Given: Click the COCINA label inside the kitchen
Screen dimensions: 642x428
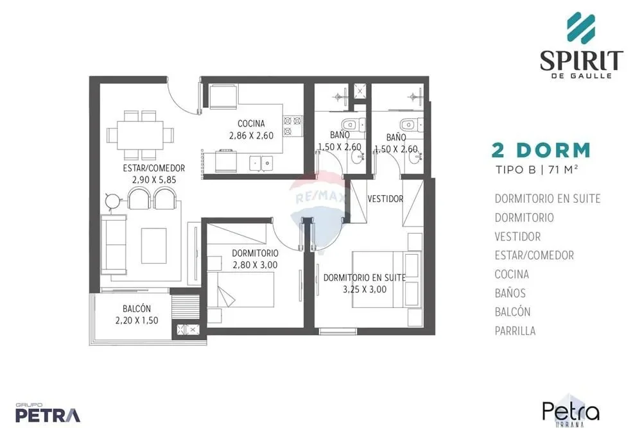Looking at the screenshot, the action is [x=251, y=123].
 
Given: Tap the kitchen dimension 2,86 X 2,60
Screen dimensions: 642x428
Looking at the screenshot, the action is [x=251, y=135].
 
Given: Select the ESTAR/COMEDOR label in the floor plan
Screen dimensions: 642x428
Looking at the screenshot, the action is [x=154, y=167].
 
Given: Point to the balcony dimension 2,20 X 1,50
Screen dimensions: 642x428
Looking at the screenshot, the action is [x=137, y=320].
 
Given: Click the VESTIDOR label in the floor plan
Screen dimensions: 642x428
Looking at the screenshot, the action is [x=385, y=199].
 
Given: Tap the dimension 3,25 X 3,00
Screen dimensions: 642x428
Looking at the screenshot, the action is [x=365, y=289].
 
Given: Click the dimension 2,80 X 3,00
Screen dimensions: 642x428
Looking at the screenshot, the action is [x=255, y=265].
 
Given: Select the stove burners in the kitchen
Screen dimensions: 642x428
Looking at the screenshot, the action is [x=293, y=126].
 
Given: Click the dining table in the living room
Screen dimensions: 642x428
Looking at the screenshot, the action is [x=140, y=135].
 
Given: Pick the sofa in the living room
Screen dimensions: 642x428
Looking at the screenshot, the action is [x=114, y=244].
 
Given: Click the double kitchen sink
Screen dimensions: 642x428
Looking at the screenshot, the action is [x=262, y=163].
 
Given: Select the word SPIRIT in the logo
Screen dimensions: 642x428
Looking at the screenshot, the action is [x=582, y=61].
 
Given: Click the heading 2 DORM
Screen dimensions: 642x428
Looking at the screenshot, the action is [x=541, y=151].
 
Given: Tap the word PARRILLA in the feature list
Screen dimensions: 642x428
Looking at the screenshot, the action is [x=515, y=330].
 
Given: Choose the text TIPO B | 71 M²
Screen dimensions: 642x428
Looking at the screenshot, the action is [x=537, y=169].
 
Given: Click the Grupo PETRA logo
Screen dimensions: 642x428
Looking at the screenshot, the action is [x=48, y=413].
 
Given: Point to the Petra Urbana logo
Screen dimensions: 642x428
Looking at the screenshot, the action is [x=571, y=411].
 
